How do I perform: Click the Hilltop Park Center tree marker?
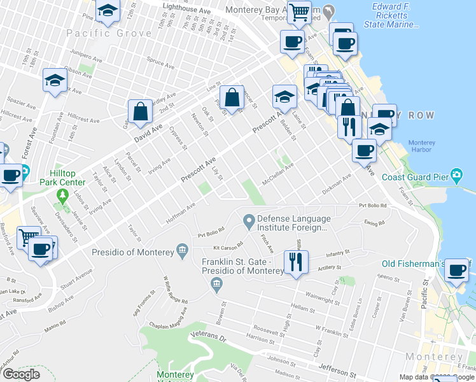point(62,194)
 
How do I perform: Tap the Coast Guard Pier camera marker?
point(456,175)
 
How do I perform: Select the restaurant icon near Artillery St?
point(296,262)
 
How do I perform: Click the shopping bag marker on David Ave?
point(141,112)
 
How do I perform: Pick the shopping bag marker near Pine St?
point(234,98)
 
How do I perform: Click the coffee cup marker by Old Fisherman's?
point(457,271)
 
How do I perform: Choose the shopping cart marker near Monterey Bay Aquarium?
point(298,11)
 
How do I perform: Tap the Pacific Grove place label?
point(104,33)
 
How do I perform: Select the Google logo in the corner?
point(21,374)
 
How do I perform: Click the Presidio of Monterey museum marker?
point(183,248)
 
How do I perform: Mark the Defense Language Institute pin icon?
point(249,221)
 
